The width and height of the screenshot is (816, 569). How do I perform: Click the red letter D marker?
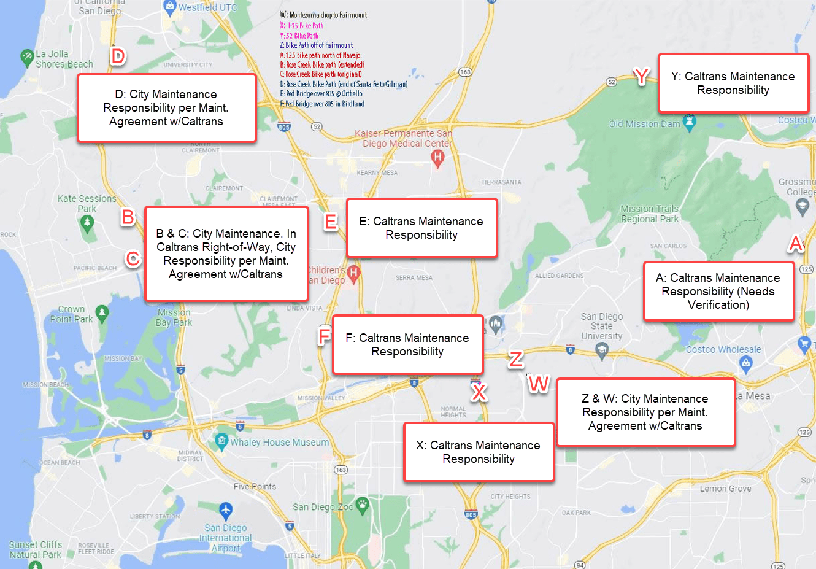pos(117,56)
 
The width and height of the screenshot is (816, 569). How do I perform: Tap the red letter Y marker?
pos(641,76)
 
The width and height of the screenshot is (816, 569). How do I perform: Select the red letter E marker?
pos(331,222)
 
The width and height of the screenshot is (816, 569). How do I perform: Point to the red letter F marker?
pos(325,336)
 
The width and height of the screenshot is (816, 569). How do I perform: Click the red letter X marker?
pos(479,392)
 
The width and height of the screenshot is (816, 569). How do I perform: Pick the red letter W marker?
pos(538,384)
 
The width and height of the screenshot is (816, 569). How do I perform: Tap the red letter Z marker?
pos(516,358)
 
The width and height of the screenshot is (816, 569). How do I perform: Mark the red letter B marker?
pos(128,217)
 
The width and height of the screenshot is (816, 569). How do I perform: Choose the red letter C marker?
pos(133,258)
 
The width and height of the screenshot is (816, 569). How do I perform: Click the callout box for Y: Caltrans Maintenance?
pos(733,83)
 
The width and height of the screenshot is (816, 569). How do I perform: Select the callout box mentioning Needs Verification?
pos(718,292)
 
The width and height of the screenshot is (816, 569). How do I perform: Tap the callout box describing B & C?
pos(226,254)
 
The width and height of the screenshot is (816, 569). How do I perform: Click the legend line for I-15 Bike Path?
pos(302,26)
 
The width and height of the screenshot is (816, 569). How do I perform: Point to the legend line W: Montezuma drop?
pos(323,15)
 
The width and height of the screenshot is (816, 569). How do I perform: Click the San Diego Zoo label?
pos(323,507)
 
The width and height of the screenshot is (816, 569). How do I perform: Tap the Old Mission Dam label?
pos(644,124)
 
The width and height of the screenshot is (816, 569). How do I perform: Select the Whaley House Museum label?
pos(279,442)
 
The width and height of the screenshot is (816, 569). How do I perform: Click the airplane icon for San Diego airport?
pos(226,509)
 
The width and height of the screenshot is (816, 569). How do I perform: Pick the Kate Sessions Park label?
pos(87,203)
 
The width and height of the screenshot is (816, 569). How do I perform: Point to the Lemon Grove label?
pos(725,489)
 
